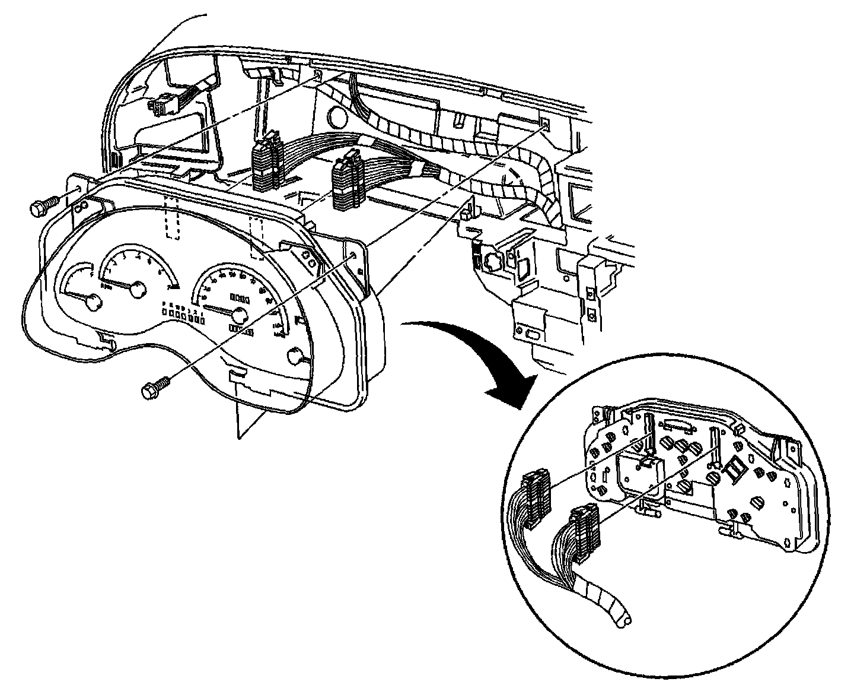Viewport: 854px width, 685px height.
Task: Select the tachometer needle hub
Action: (138, 289)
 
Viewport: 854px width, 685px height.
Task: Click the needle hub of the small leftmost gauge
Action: (93, 303)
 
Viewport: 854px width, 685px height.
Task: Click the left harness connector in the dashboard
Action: (265, 162)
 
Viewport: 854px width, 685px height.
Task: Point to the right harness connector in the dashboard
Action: (347, 182)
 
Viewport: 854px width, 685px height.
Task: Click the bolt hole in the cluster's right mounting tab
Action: (354, 255)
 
